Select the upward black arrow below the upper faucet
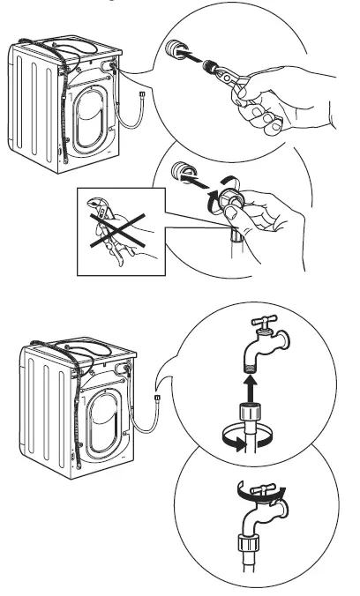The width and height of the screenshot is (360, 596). [x=251, y=388]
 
